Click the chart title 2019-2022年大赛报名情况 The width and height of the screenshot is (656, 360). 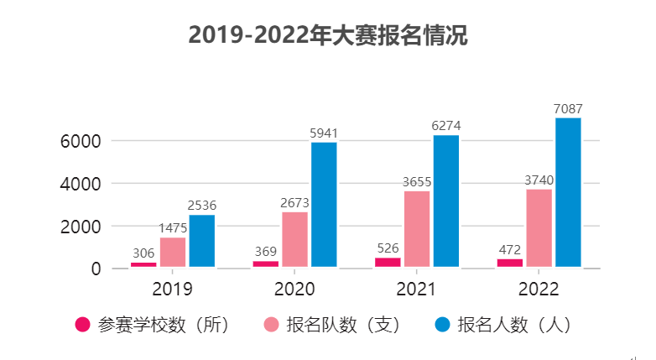click(x=327, y=36)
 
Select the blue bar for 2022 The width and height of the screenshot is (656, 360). click(x=568, y=192)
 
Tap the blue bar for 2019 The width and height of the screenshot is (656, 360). click(x=202, y=241)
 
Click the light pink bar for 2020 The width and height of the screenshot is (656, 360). click(x=294, y=239)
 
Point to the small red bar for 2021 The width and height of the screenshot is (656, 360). click(x=388, y=262)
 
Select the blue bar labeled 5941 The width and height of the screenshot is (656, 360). click(x=324, y=205)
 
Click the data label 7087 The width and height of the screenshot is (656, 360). click(x=568, y=109)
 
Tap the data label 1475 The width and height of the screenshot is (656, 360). click(x=173, y=228)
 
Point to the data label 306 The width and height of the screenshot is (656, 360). click(x=143, y=253)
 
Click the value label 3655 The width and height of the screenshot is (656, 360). click(x=417, y=181)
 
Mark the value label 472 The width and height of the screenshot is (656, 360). click(x=510, y=249)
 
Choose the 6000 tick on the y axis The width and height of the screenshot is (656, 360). click(x=81, y=141)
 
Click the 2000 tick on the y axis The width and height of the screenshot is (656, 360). click(x=81, y=227)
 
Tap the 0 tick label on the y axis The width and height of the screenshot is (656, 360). click(x=96, y=269)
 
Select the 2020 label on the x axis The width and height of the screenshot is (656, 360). click(x=294, y=290)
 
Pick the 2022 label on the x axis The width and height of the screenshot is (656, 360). click(x=539, y=290)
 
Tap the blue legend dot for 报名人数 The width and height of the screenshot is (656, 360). click(x=442, y=325)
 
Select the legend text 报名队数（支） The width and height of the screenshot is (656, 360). click(x=343, y=325)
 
